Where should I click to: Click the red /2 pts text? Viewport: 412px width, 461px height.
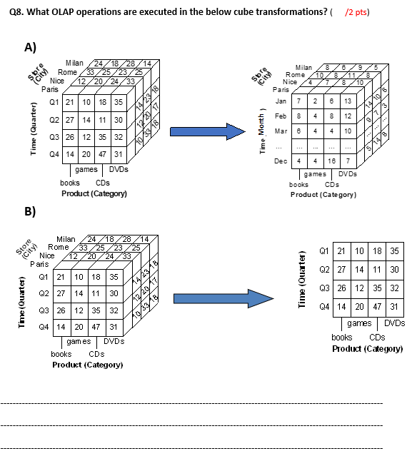click(x=358, y=12)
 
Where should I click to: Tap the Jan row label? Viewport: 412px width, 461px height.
click(x=281, y=101)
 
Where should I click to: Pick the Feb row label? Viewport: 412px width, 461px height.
click(x=281, y=116)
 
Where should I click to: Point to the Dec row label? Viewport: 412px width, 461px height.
click(x=281, y=161)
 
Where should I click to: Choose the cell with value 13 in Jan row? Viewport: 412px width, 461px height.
click(x=347, y=101)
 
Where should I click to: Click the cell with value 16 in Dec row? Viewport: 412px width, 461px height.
click(x=331, y=161)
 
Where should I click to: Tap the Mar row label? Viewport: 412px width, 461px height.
click(x=281, y=131)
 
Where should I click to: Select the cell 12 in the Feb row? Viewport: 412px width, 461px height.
click(x=347, y=116)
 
